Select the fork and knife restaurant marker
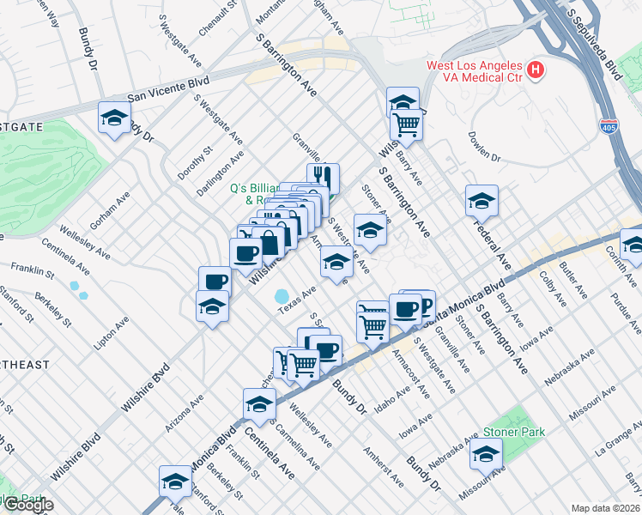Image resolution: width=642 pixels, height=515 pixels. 324,178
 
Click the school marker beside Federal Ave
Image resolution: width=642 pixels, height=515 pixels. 482,202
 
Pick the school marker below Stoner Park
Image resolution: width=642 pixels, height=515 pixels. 486,455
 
